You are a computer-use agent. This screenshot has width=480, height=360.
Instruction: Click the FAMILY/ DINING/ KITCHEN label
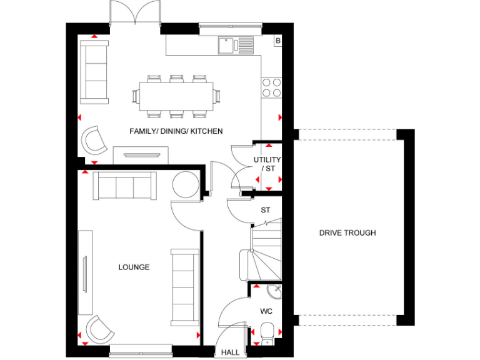click(x=176, y=131)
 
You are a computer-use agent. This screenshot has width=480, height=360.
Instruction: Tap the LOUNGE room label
click(x=134, y=267)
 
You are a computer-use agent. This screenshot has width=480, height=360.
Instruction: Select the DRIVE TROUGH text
click(x=347, y=233)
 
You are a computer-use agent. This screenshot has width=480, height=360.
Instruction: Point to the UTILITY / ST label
click(x=267, y=164)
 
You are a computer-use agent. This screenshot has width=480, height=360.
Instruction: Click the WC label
click(x=266, y=311)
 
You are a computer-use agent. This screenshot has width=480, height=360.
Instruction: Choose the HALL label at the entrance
click(x=230, y=352)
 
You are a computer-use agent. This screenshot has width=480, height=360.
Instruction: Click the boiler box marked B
click(x=278, y=41)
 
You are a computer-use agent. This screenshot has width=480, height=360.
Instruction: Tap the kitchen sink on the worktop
click(x=236, y=45)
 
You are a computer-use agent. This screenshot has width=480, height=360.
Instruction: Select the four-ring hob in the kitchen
click(x=272, y=87)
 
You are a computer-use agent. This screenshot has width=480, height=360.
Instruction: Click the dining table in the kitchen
click(x=172, y=96)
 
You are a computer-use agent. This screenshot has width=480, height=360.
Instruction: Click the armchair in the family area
click(x=94, y=140)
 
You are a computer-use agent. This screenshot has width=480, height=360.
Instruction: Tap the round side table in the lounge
click(x=185, y=186)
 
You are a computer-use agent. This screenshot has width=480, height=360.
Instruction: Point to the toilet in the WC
click(x=267, y=331)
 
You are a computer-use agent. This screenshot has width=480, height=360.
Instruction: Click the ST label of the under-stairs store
click(x=266, y=210)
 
